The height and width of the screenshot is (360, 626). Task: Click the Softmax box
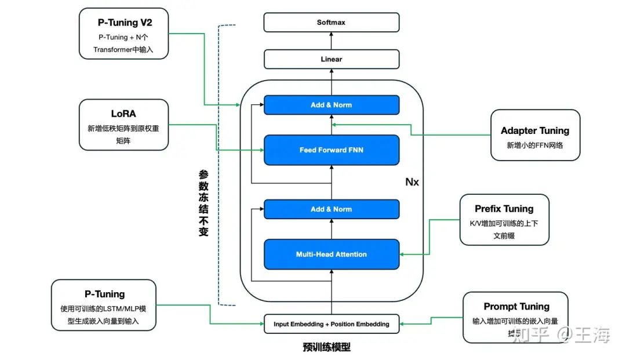(x=331, y=23)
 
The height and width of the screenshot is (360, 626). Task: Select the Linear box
(x=331, y=59)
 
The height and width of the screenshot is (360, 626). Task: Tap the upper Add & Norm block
(x=331, y=105)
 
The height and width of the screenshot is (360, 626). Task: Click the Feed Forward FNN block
(x=331, y=150)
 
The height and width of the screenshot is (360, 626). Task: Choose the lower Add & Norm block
(x=331, y=209)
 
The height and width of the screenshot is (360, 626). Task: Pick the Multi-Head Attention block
(x=331, y=254)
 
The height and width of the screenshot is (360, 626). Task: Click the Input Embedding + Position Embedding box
(x=331, y=324)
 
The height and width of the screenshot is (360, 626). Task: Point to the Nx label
(x=412, y=182)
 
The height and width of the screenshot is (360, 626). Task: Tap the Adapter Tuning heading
(x=534, y=131)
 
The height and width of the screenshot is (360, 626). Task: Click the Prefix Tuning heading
(x=504, y=209)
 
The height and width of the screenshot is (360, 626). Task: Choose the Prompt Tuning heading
(x=516, y=307)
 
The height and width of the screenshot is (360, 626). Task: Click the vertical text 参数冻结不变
(x=203, y=206)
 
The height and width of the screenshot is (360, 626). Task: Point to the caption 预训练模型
(x=326, y=348)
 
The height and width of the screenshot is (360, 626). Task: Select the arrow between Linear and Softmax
(x=332, y=41)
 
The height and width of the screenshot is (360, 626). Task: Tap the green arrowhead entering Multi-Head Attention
(x=403, y=254)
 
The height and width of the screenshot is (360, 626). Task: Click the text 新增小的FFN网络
(x=534, y=146)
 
